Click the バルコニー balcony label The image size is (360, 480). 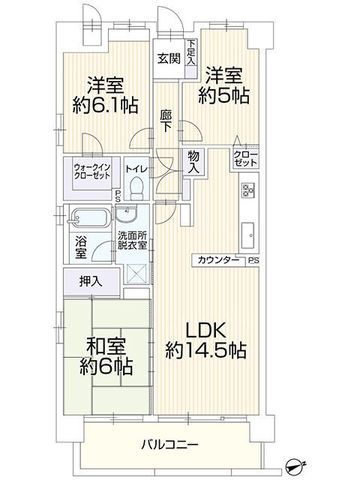coord(173,443)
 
